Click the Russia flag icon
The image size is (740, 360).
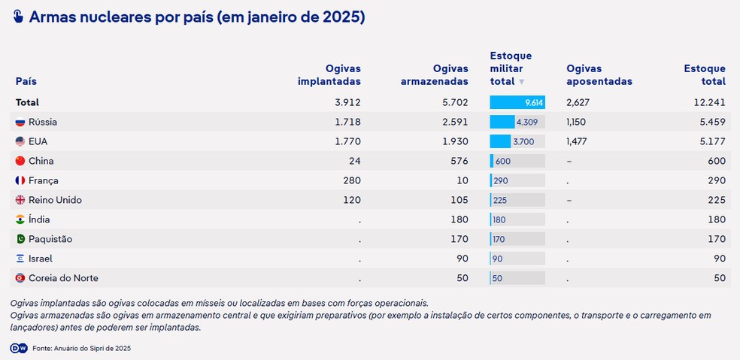[x=20, y=122]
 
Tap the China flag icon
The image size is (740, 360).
[x=20, y=161]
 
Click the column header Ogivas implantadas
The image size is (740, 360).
[x=329, y=75]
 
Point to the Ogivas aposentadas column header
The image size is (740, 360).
[x=599, y=75]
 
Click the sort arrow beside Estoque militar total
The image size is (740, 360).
[x=522, y=82]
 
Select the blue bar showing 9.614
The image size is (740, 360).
[x=517, y=102]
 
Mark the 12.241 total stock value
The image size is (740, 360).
[x=709, y=102]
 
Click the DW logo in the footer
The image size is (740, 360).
[x=19, y=348]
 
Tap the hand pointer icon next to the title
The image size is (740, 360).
[x=19, y=17]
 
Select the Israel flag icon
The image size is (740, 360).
[x=20, y=259]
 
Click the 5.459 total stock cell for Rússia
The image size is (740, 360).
[x=711, y=122]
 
